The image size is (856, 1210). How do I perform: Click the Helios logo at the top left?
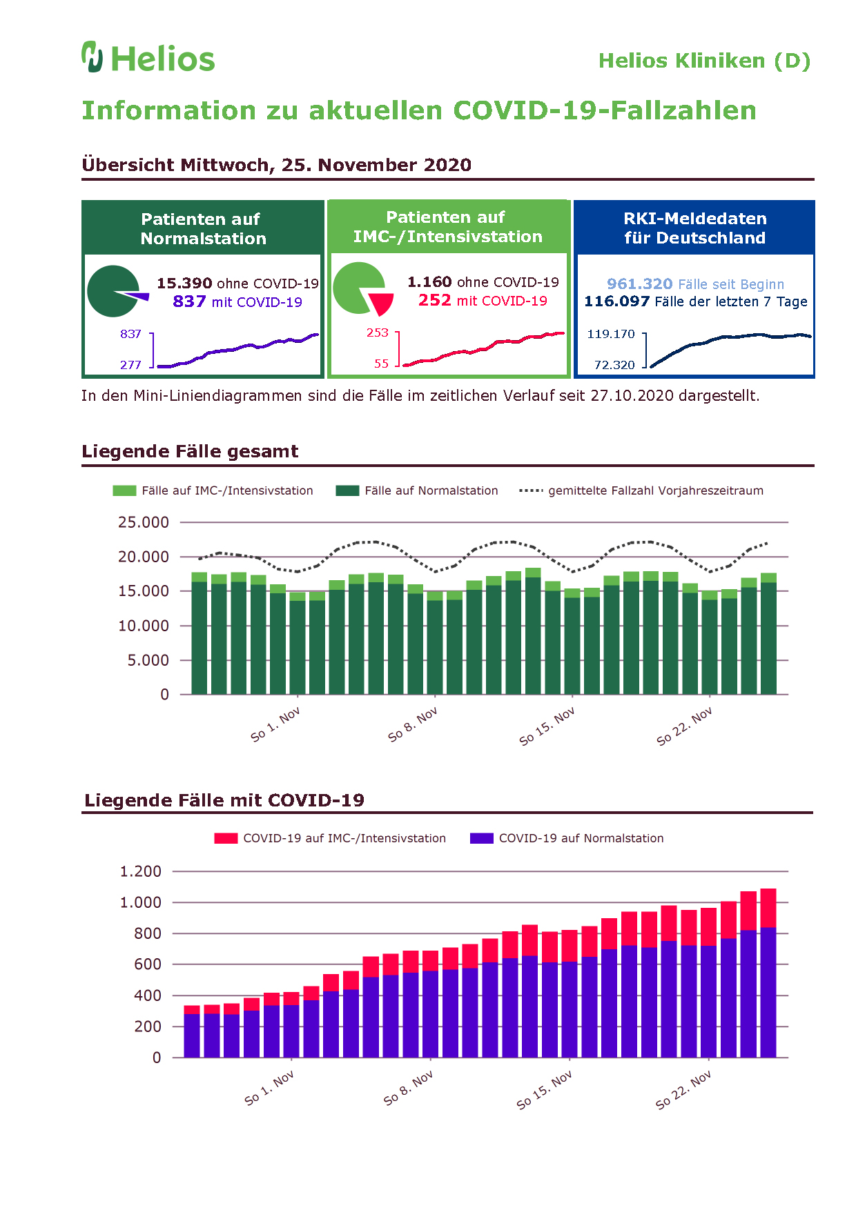pos(148,57)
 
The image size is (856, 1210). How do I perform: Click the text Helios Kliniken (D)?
pos(704,61)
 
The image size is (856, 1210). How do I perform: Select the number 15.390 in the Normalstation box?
pos(184,284)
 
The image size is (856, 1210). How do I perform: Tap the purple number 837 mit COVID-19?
pos(237,301)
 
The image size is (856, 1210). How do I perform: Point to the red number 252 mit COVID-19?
pos(483,300)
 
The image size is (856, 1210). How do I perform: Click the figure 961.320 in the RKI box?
pos(639,284)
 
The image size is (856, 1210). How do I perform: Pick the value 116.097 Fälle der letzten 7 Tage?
pos(696,301)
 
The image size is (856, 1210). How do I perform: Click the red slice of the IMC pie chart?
pos(381,302)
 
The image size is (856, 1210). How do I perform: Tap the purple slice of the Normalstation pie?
pos(137,297)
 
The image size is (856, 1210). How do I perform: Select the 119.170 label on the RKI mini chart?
pos(611,334)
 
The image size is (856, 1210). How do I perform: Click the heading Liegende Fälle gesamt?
pos(190,451)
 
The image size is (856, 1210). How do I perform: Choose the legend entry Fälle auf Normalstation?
pos(417,490)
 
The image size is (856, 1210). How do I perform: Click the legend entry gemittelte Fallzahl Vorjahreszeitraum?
pos(641,490)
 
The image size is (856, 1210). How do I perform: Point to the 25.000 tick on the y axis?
pos(144,522)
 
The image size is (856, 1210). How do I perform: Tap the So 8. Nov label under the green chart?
pos(413,724)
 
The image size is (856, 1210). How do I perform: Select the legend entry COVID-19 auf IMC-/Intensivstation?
pos(330,838)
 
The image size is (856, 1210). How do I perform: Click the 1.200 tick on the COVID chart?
pos(141,871)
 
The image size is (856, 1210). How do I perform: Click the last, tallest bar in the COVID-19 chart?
pos(768,973)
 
